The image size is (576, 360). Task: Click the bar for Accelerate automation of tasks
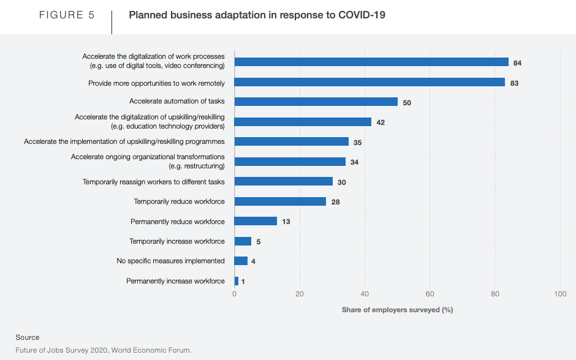tap(316, 102)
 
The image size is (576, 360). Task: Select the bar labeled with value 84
tap(371, 62)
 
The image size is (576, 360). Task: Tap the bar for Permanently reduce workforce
tap(256, 221)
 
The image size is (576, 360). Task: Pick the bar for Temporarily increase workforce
tap(243, 241)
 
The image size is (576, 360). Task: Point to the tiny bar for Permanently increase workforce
tap(237, 281)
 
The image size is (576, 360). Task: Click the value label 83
tap(514, 83)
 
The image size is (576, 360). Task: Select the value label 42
tap(381, 122)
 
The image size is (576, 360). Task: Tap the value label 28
tap(335, 202)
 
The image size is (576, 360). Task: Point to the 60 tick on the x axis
tap(430, 294)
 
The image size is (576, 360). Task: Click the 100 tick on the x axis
tap(559, 294)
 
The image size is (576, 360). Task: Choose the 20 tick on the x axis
tap(300, 294)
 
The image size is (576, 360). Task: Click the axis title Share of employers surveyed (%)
tap(397, 310)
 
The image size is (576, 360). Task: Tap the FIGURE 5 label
tap(67, 15)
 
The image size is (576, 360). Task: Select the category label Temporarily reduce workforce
tap(179, 201)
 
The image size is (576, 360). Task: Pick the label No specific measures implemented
tap(170, 261)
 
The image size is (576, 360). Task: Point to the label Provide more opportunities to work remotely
tap(156, 83)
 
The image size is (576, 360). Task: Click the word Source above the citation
tap(28, 337)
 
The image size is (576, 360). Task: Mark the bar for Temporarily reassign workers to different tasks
tap(284, 181)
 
